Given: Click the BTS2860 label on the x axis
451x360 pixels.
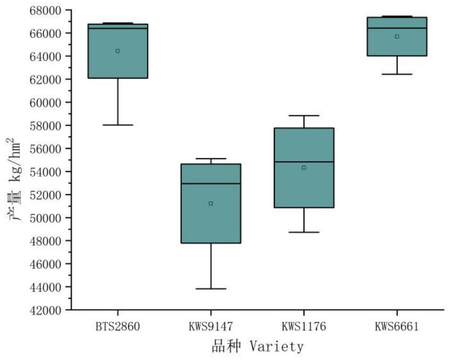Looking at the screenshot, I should tap(117, 327).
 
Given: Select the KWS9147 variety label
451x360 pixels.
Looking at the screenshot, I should tap(210, 327).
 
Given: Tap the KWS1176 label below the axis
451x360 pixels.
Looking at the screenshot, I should tap(303, 327).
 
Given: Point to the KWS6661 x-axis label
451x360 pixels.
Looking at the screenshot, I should tap(397, 327).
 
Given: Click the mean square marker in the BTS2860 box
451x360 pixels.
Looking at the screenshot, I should tap(117, 51).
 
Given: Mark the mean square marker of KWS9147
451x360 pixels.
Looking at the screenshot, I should tap(211, 204).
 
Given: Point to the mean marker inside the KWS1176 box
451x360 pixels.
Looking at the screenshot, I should tap(304, 168).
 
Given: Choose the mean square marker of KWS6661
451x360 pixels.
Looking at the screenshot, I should tap(397, 36).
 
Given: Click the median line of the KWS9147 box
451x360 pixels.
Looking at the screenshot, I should tap(211, 183).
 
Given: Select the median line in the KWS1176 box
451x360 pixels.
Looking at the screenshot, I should tap(304, 162).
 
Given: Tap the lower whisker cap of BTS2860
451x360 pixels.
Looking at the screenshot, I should tap(117, 125).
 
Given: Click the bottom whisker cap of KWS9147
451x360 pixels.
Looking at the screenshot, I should tap(211, 288).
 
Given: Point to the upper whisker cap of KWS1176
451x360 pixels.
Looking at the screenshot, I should tap(304, 115).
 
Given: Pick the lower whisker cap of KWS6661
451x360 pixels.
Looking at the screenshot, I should tap(397, 74).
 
